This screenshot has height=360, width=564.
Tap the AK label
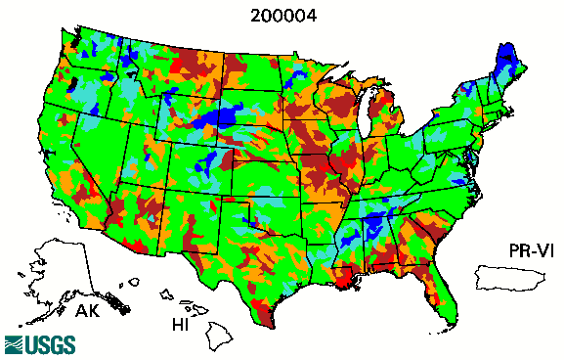click(x=88, y=312)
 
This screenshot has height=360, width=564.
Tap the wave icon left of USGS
click(x=15, y=344)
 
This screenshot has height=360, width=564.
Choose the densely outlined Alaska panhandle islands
click(x=118, y=303)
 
